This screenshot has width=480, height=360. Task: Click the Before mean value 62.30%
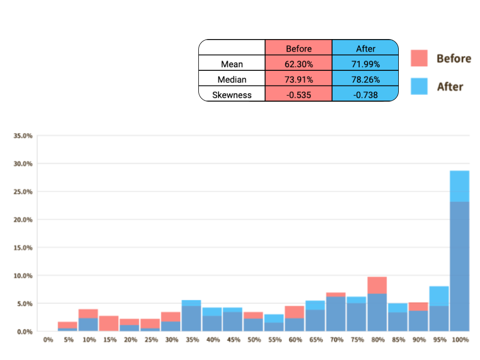pos(298,64)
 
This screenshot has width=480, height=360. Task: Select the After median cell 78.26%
pos(365,80)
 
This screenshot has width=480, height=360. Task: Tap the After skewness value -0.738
pos(365,95)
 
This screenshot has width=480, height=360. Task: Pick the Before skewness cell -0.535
pos(298,95)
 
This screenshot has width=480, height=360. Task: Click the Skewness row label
pos(232,95)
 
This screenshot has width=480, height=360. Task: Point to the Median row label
pos(232,80)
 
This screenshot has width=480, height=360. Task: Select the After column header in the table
pos(365,48)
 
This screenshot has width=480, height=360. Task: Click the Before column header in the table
pos(298,48)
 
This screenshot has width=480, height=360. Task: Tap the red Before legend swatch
pos(419,58)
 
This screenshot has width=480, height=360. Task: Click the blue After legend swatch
pos(419,86)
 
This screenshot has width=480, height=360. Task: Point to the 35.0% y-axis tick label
pos(23,135)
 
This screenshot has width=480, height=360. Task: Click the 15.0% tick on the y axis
pos(23,247)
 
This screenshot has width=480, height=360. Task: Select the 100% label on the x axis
pos(461,340)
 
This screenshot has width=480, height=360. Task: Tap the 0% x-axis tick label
pos(48,340)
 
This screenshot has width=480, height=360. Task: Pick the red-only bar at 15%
pos(109,324)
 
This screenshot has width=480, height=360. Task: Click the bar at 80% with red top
pos(377,307)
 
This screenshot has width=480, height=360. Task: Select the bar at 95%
pos(439,310)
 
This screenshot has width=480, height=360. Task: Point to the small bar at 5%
pos(68,327)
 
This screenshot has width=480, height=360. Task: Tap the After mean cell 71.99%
pos(365,64)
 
